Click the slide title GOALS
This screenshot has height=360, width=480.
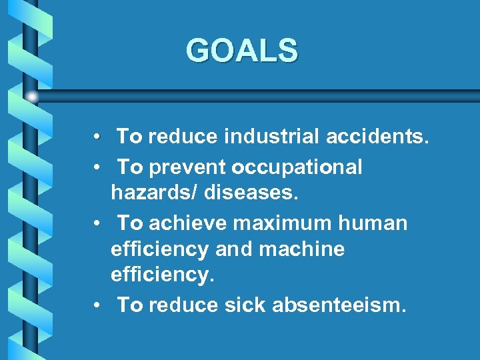point(242,51)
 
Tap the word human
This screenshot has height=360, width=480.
point(373,223)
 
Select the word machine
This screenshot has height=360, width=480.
point(303,249)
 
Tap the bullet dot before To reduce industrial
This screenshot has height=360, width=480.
point(97,137)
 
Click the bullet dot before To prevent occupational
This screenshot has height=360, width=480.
point(97,167)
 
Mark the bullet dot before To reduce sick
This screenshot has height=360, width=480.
point(97,306)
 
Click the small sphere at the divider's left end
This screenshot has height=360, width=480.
point(32,97)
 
